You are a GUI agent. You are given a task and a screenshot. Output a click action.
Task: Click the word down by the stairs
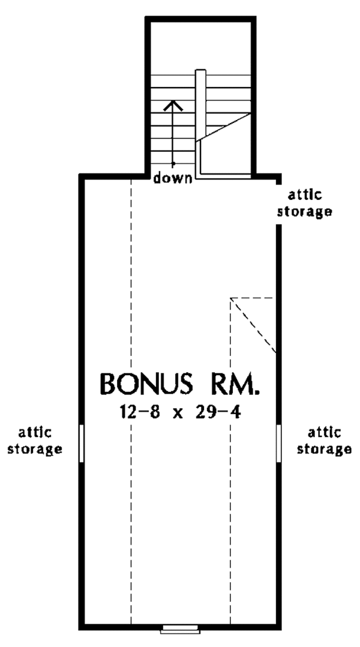pos(172,178)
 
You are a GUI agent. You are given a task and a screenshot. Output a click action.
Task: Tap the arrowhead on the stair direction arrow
pos(173,104)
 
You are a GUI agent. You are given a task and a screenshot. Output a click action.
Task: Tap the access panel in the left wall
pos(81,443)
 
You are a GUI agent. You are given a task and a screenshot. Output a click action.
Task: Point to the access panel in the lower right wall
pos(279,443)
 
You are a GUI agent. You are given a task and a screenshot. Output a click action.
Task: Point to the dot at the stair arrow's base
pos(173,163)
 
